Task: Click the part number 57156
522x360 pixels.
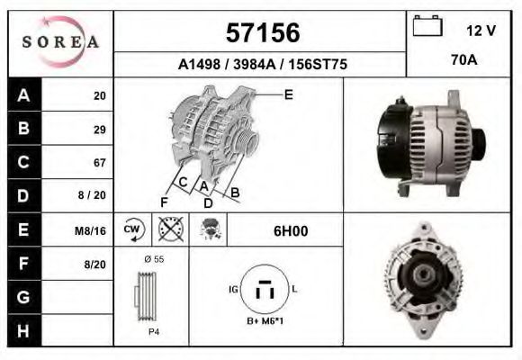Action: (261, 33)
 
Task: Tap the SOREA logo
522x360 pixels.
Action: (60, 42)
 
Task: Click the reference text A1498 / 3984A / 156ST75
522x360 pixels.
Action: (261, 65)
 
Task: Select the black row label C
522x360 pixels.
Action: (23, 163)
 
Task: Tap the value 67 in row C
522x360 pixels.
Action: (99, 163)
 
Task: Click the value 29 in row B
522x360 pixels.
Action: (99, 129)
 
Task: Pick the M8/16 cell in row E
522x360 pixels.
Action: (91, 230)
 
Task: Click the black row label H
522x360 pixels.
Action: (23, 330)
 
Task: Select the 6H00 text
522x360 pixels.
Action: (291, 230)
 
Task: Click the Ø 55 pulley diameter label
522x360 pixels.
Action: (153, 260)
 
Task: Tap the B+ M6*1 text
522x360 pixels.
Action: (265, 321)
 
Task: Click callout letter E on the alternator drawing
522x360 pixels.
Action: (288, 94)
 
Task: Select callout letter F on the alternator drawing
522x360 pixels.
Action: (164, 201)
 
